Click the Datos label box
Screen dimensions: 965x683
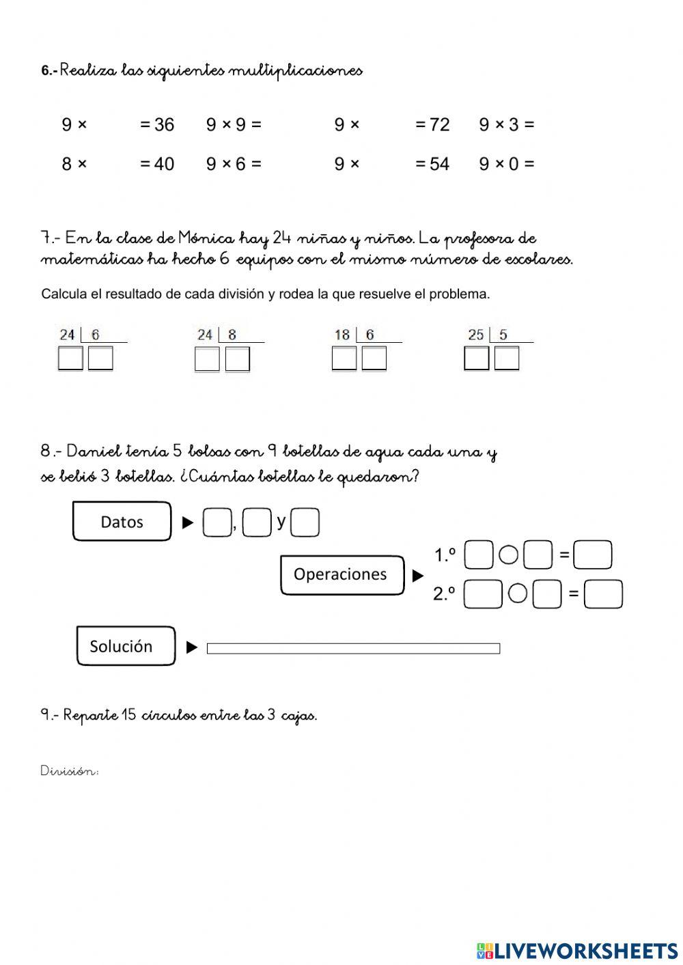(122, 522)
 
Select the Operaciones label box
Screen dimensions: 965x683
(341, 574)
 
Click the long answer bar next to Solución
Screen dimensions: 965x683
(353, 648)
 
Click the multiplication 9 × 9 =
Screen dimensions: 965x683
(234, 124)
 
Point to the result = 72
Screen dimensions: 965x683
(432, 124)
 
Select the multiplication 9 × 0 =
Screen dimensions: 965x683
(506, 164)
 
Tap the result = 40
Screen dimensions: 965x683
(157, 164)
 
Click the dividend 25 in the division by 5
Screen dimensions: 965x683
(476, 335)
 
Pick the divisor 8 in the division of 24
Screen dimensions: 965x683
(232, 335)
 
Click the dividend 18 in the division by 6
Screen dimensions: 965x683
(342, 335)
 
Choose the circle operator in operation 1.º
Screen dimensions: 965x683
(508, 555)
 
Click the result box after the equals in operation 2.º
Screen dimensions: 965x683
(604, 594)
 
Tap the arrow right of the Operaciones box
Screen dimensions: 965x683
(418, 576)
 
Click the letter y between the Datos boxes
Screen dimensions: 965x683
(281, 522)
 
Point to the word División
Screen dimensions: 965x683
(70, 771)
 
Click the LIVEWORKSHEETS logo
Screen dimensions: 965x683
(577, 950)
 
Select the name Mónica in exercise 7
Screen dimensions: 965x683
(206, 238)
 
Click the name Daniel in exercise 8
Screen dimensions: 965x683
(95, 451)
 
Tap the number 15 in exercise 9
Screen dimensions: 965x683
(129, 715)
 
